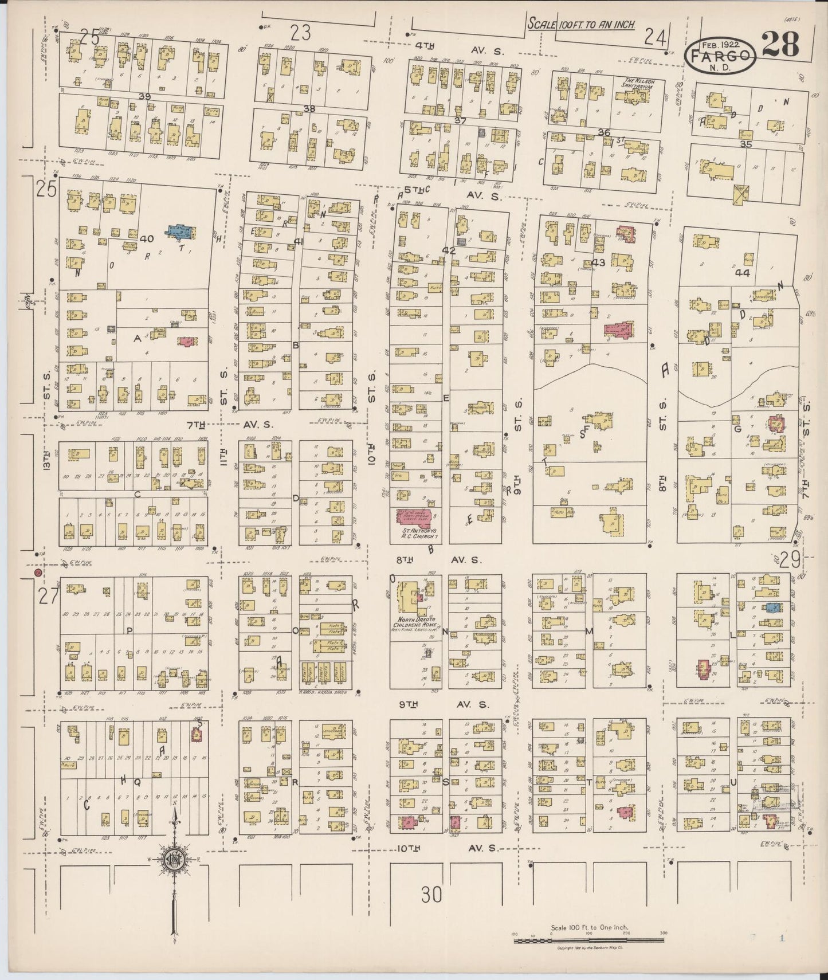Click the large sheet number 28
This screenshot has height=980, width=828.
781,44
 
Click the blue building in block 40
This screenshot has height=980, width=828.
180,231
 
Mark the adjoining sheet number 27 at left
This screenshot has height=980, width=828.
47,597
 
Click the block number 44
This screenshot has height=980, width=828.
743,273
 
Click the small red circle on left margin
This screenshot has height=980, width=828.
37,572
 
